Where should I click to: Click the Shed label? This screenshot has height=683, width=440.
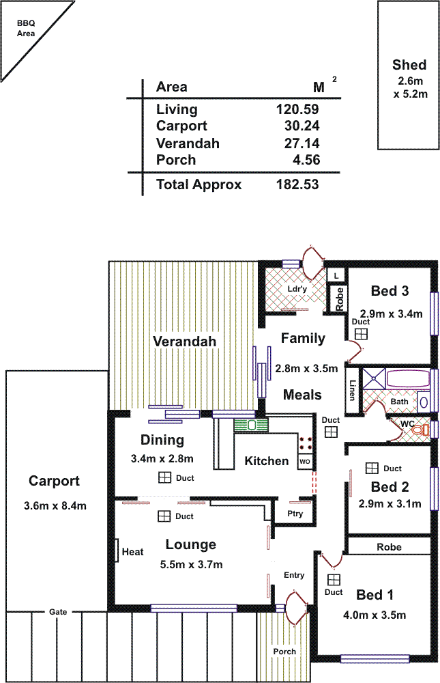(x=409, y=66)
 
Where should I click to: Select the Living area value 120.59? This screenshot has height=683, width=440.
(x=297, y=109)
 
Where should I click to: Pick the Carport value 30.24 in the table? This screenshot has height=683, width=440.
(x=302, y=126)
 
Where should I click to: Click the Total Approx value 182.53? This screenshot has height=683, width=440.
(x=297, y=184)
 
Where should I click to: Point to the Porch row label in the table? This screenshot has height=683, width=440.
(x=176, y=161)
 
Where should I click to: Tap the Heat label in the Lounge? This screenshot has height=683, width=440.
(x=132, y=551)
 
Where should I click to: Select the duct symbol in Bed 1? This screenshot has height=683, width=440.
(x=334, y=579)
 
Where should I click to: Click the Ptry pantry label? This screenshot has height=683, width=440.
(x=295, y=513)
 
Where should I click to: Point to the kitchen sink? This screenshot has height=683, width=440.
(x=252, y=425)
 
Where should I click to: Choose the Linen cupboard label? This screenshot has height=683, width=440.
(x=353, y=390)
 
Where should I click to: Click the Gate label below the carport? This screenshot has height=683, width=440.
(x=58, y=612)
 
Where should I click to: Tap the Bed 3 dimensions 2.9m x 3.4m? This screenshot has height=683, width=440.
(x=392, y=314)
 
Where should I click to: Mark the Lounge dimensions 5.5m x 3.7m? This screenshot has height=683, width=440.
(x=191, y=564)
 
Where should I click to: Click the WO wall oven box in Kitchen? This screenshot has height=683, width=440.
(x=305, y=462)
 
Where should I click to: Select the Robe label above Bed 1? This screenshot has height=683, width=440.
(x=390, y=547)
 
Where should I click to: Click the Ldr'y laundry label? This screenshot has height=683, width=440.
(x=297, y=288)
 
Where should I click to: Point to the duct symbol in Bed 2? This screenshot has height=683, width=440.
(x=372, y=468)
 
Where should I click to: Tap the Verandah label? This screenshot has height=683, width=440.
(x=184, y=341)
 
